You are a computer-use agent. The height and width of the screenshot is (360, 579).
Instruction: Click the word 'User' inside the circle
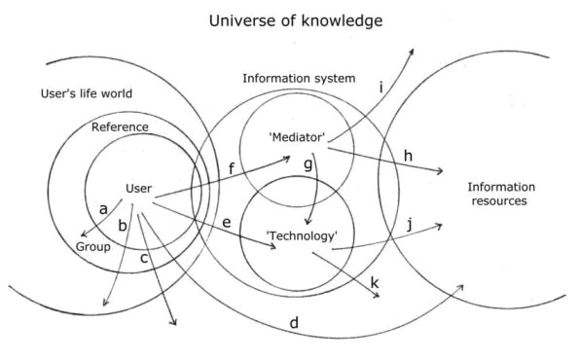point(139,188)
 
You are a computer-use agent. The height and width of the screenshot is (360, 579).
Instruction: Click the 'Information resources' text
point(496,195)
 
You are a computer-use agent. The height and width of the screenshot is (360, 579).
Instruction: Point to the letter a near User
point(103,207)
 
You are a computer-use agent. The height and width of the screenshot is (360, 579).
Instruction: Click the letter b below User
point(123,226)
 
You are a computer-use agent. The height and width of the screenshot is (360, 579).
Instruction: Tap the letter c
point(144,257)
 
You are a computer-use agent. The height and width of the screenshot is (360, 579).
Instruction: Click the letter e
point(227,223)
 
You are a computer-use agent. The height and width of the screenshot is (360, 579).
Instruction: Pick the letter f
point(231,169)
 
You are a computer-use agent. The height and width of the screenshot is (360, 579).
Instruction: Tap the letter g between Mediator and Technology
point(308,166)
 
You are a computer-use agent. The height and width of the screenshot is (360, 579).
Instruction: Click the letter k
point(375,282)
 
